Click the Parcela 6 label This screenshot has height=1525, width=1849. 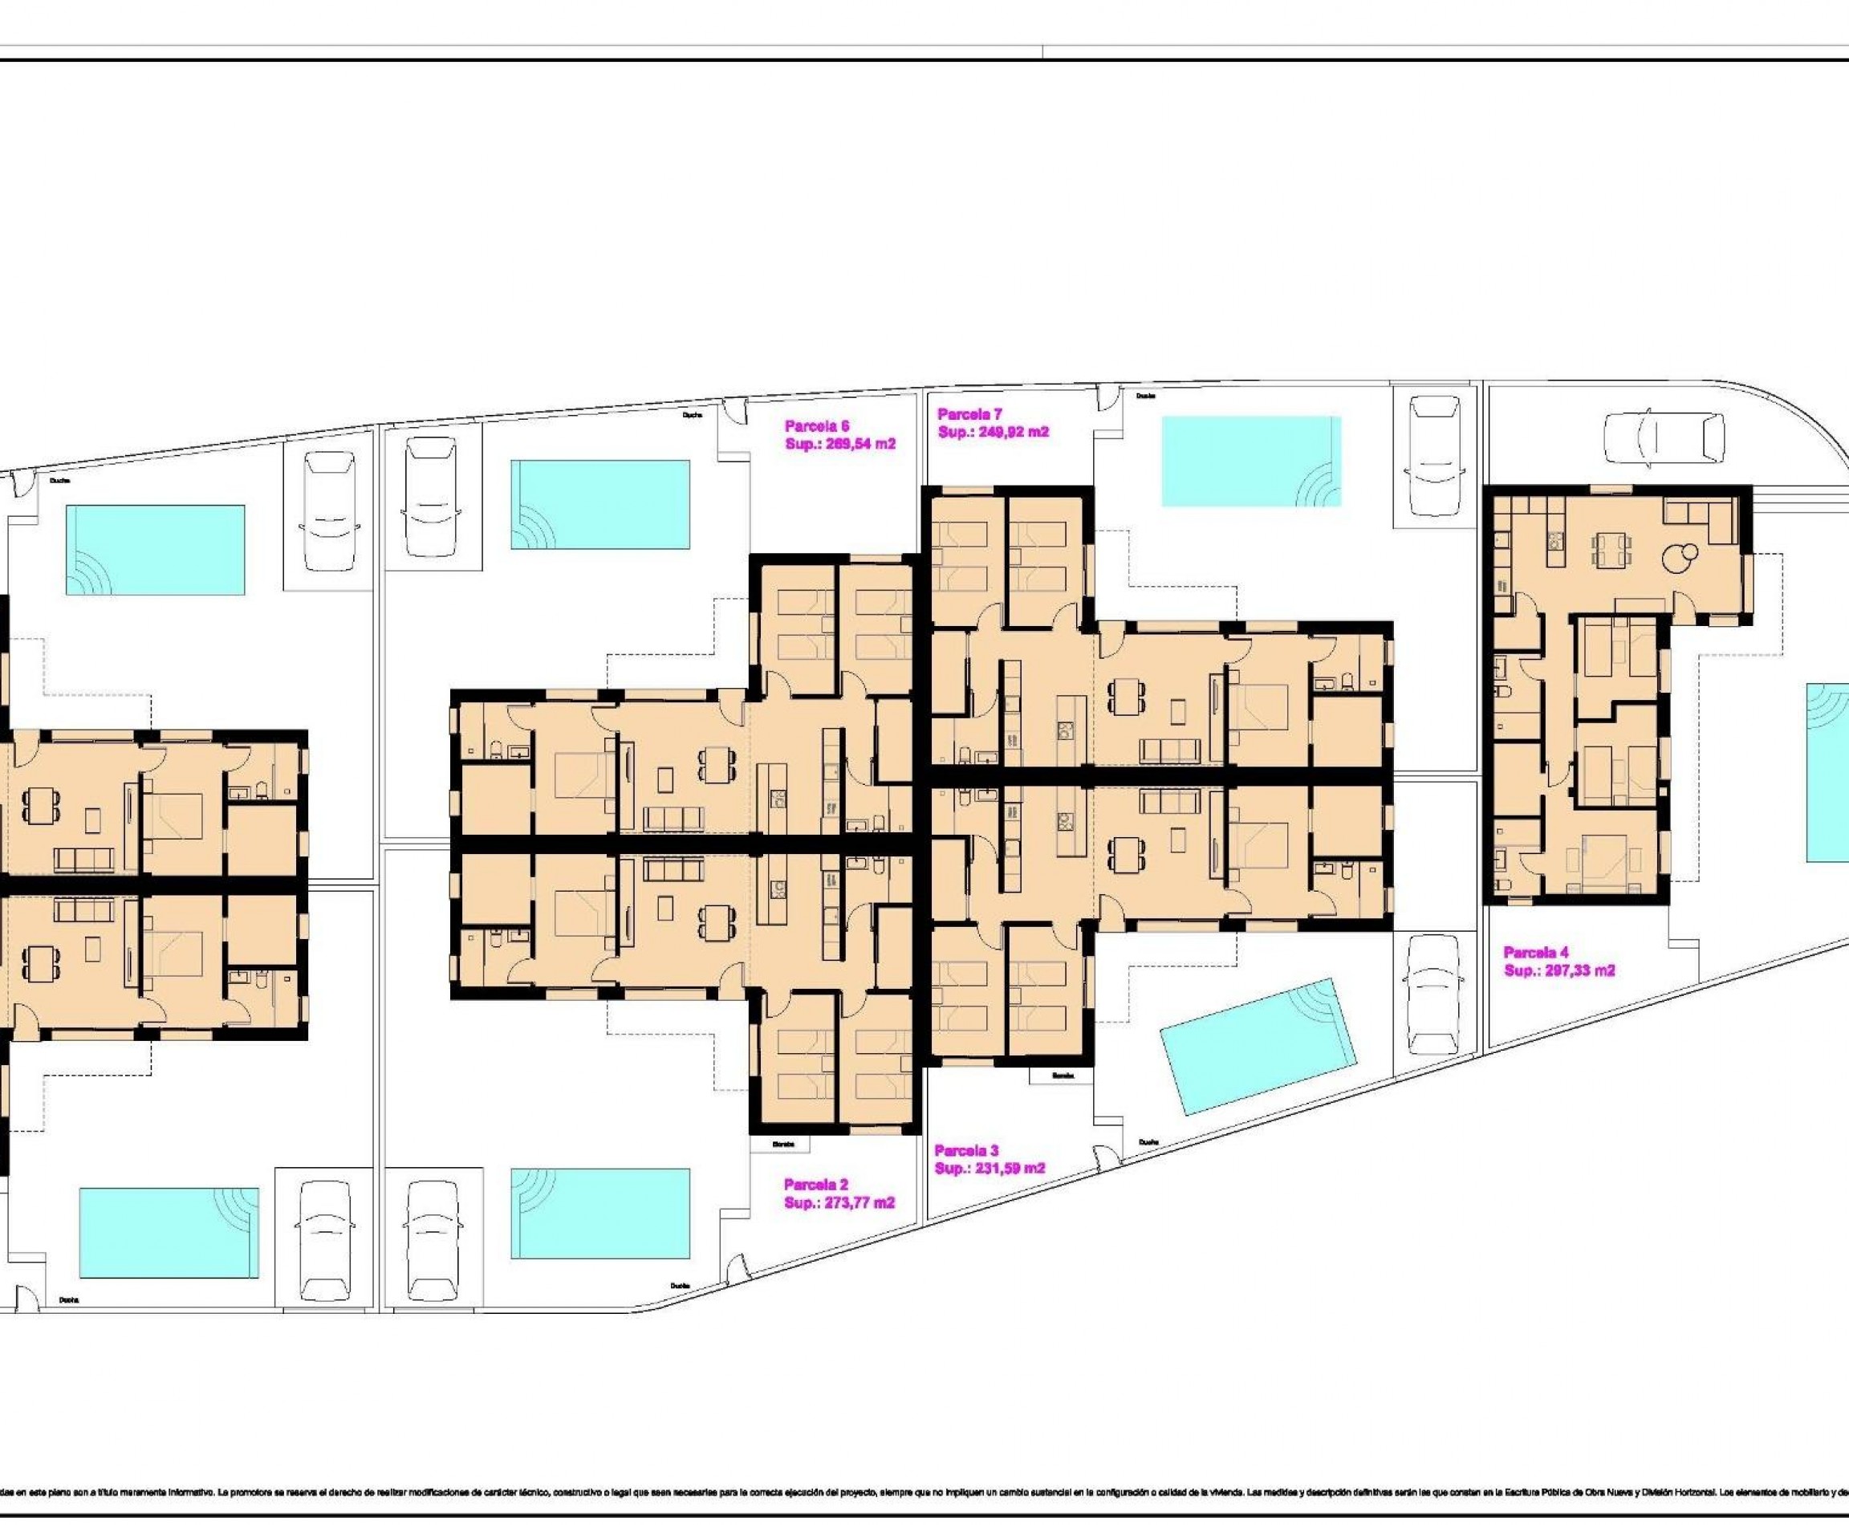coord(818,426)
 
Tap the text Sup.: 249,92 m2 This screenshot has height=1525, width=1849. coord(993,432)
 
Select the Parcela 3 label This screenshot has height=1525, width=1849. coord(966,1150)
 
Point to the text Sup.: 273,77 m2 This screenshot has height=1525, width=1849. coord(839,1202)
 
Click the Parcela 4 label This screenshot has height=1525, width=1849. coord(1535,952)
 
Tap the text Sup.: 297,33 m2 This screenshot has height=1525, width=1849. coord(1559,970)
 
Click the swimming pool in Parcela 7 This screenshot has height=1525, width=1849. coord(1251,462)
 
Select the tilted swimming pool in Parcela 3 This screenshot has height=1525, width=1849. coord(1257,1045)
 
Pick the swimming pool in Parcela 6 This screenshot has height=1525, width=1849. coord(600,505)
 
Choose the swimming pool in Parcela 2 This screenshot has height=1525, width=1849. coord(600,1213)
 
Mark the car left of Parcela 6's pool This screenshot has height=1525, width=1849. coord(433,495)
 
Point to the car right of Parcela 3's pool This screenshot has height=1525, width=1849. coord(1433,993)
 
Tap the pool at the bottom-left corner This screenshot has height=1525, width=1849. coord(169,1234)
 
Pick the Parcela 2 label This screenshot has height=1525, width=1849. coord(816,1184)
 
